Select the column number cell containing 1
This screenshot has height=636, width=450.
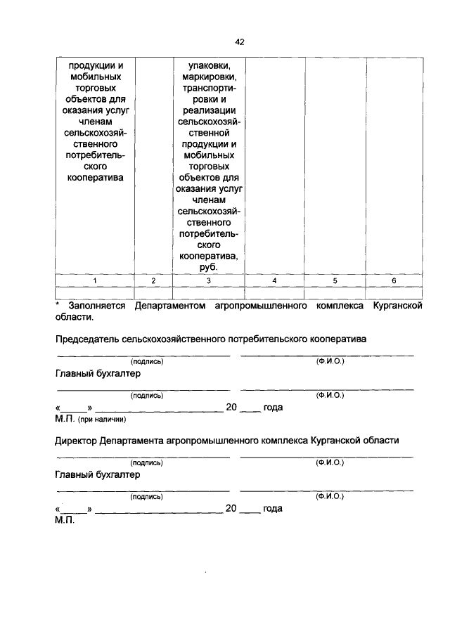pos(94,280)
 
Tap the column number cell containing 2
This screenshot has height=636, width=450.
pos(153,280)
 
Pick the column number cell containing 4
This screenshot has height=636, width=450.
pos(274,280)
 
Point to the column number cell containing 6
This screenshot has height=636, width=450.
pos(394,280)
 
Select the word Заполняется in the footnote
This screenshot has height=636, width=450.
pos(97,306)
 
